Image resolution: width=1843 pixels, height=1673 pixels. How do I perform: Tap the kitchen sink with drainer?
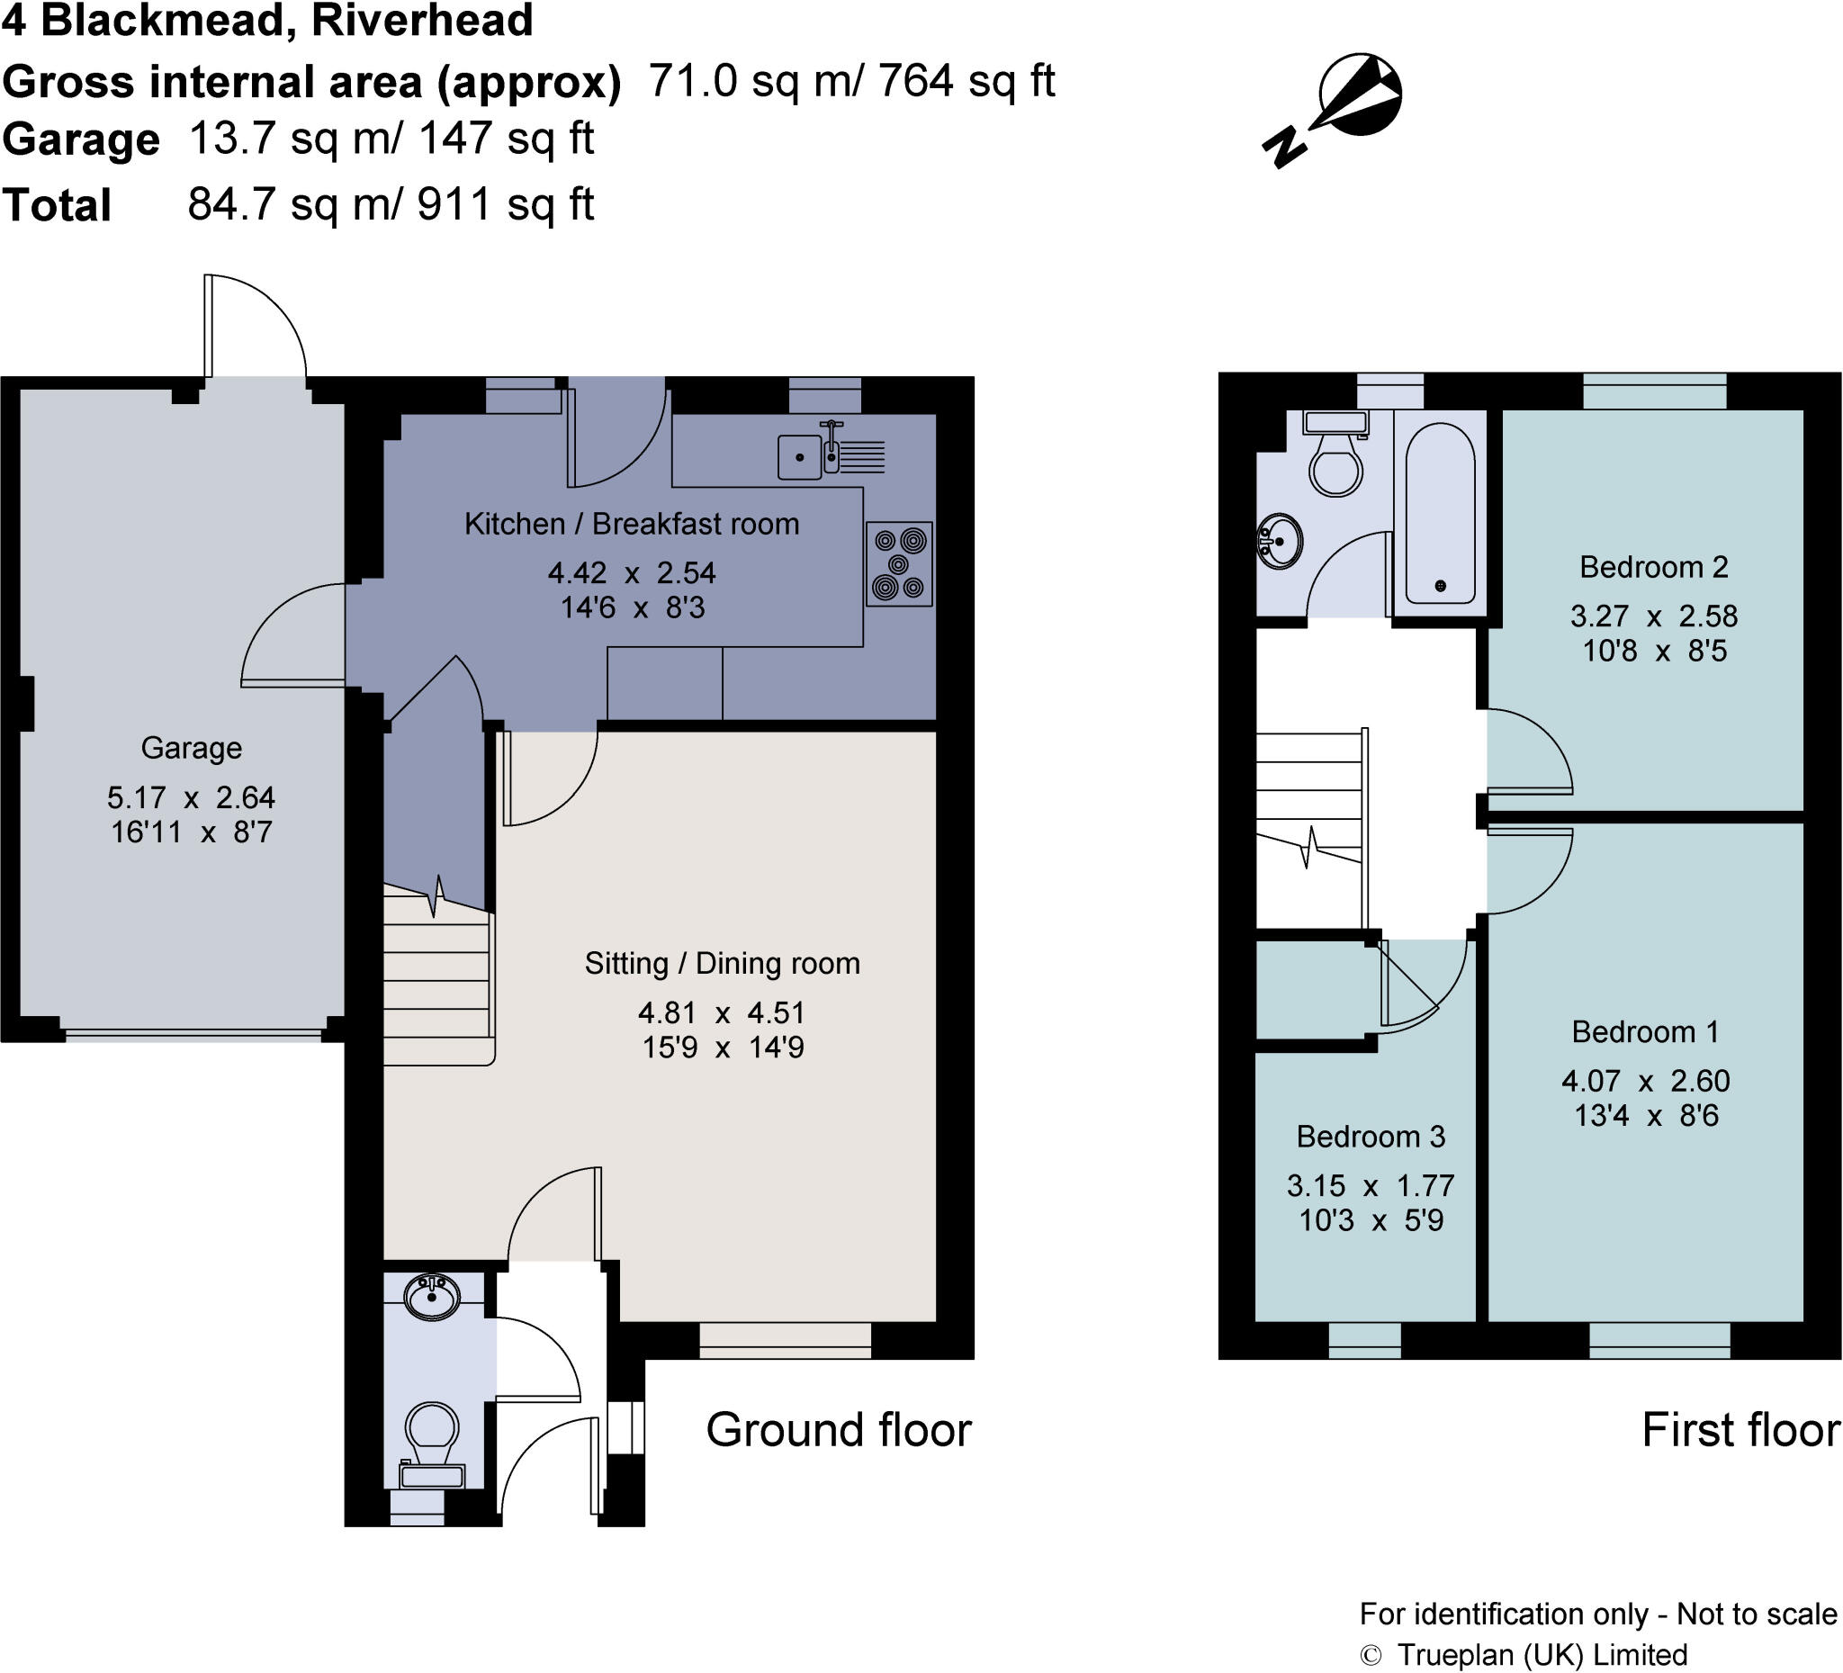tap(830, 454)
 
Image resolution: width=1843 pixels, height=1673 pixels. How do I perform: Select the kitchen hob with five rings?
tap(899, 564)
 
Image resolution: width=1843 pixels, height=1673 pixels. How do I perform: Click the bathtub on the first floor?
tap(1440, 513)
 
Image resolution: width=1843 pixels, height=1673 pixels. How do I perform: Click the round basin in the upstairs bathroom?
tap(1280, 541)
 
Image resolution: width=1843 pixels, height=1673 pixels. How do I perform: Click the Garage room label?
tap(191, 748)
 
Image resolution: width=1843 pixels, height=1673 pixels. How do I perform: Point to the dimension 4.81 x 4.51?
tap(722, 1013)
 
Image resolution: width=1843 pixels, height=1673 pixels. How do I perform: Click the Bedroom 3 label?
tap(1371, 1137)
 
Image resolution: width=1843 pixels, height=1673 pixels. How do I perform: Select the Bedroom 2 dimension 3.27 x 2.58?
tap(1654, 616)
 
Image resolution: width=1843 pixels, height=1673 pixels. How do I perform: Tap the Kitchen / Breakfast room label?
tap(631, 524)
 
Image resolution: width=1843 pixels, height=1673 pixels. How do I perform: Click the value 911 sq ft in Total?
tap(506, 204)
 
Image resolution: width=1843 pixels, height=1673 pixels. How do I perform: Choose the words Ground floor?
tap(839, 1429)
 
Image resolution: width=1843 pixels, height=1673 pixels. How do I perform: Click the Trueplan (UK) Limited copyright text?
tap(1542, 1655)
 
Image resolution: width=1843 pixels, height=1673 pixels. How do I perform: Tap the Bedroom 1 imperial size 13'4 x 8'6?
tap(1646, 1115)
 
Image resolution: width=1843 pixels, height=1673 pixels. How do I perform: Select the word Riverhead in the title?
tap(422, 20)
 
